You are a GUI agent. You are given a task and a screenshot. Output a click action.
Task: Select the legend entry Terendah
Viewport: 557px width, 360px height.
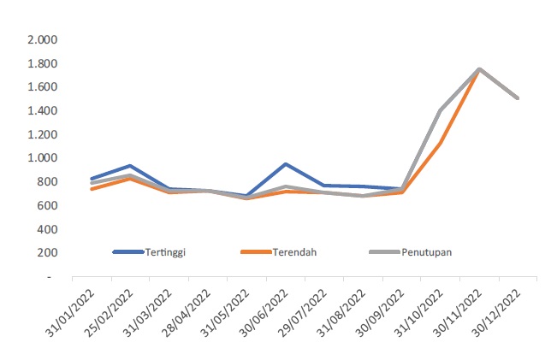tap(298, 251)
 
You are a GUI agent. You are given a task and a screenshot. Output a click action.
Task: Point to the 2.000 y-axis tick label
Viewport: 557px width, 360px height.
tap(42, 40)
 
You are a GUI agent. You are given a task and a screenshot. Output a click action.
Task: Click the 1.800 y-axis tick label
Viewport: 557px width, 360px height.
tap(42, 63)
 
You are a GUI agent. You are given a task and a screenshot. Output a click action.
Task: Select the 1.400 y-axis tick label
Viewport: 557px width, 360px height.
tap(42, 111)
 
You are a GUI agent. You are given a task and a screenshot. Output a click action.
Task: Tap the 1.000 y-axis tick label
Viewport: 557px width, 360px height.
tap(42, 158)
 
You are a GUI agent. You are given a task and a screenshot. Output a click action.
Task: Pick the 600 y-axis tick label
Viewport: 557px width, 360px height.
tap(46, 206)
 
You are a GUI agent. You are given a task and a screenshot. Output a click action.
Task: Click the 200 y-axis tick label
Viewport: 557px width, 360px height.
tap(46, 253)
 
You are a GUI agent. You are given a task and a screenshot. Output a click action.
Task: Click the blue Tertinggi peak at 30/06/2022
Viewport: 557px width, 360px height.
tap(285, 164)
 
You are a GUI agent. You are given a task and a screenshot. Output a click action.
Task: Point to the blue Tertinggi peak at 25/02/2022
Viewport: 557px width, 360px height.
tap(129, 166)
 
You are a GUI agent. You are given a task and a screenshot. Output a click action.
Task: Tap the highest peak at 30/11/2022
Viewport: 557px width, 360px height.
tap(479, 69)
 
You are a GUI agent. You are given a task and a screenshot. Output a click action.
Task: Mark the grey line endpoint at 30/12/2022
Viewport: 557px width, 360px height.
tap(518, 98)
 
